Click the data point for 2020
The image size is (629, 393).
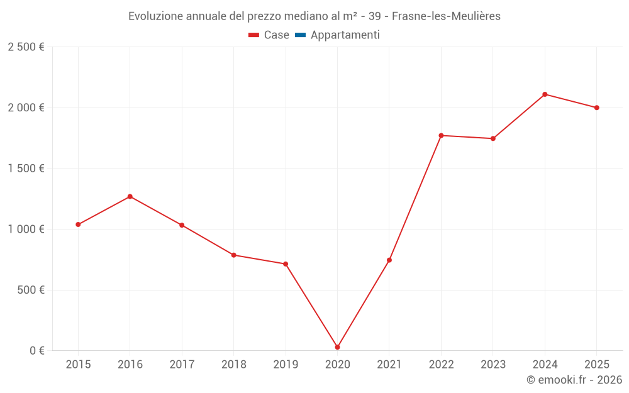coord(337,347)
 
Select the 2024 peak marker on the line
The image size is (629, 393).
coord(545,94)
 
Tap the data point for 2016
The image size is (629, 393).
coord(130,197)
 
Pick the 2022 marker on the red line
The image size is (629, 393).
coord(441,136)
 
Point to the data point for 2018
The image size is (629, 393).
coord(234,255)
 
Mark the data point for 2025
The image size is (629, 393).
coord(596,108)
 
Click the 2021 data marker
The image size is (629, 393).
coord(389,260)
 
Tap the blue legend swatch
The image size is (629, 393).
coord(300,35)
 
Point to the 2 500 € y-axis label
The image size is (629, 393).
coord(26,47)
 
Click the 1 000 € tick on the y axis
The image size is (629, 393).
coord(26,230)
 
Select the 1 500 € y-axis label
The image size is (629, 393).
coord(26,169)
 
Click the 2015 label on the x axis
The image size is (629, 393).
coord(78,365)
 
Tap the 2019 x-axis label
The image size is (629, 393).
coord(286,365)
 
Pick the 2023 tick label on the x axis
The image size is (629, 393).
coord(493,365)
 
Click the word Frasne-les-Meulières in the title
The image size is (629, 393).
coord(446,16)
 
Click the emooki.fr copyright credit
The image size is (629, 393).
coord(574,380)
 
